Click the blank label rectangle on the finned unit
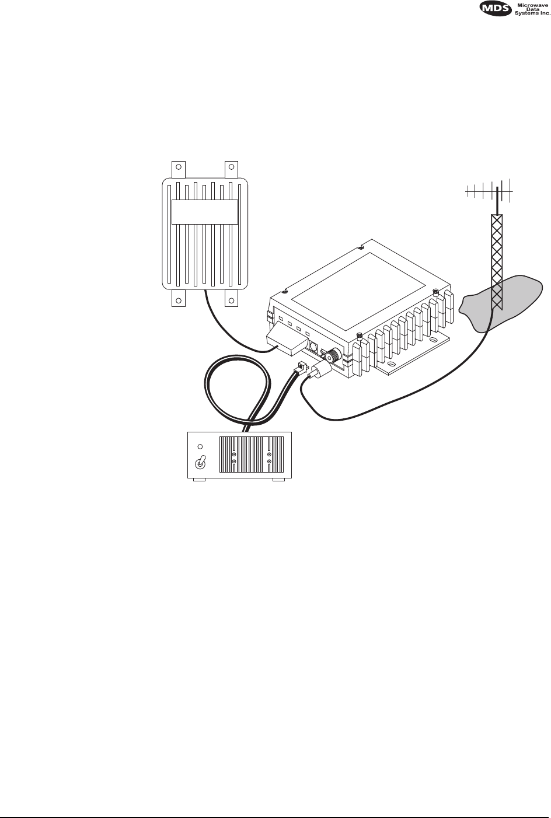tap(205, 212)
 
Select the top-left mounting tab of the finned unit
tap(178, 169)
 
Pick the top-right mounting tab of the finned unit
tap(231, 169)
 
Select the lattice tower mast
tap(497, 257)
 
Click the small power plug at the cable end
tap(301, 369)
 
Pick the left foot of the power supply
tap(198, 480)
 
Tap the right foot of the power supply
tap(278, 480)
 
